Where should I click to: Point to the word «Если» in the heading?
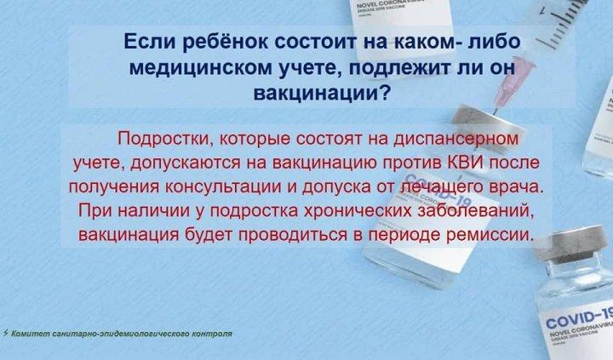click(x=150, y=43)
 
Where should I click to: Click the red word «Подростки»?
click(x=163, y=140)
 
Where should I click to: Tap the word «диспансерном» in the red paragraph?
click(x=455, y=140)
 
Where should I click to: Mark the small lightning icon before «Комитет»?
click(x=5, y=333)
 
